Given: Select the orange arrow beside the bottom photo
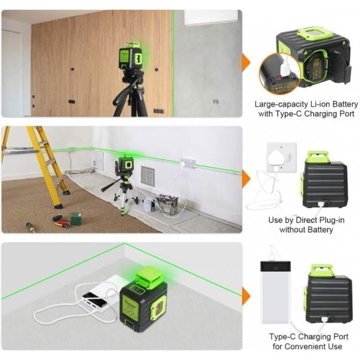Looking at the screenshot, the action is pyautogui.click(x=246, y=296).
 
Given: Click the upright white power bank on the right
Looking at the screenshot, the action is pyautogui.click(x=275, y=292).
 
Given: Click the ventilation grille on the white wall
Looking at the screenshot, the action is pyautogui.click(x=148, y=176).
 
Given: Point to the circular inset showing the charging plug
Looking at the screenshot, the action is pyautogui.click(x=279, y=73).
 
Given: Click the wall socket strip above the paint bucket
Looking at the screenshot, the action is pyautogui.click(x=188, y=163).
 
